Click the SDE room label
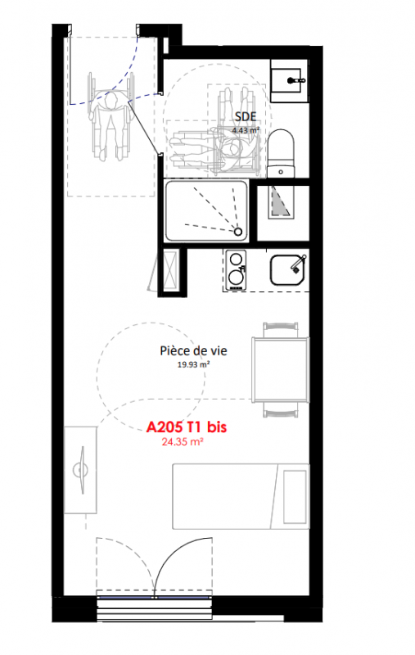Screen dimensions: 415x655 tap(245, 116)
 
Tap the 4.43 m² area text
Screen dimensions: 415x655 tap(246, 130)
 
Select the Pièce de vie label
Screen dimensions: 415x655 tap(193, 350)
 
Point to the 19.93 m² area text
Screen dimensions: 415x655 tap(193, 364)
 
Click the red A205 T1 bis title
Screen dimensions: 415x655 tap(186, 427)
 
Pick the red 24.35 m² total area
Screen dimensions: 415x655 tap(183, 441)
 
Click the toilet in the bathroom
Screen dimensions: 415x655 tap(281, 153)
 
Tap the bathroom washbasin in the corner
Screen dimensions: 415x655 tap(289, 80)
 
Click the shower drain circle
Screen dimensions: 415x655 tap(238, 232)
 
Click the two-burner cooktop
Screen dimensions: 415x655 tap(236, 270)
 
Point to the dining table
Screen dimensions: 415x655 tap(281, 369)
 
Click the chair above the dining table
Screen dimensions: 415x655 tap(281, 329)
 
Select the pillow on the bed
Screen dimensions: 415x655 tap(295, 497)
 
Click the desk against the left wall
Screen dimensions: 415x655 tap(80, 470)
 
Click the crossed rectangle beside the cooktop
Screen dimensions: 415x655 tap(171, 269)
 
